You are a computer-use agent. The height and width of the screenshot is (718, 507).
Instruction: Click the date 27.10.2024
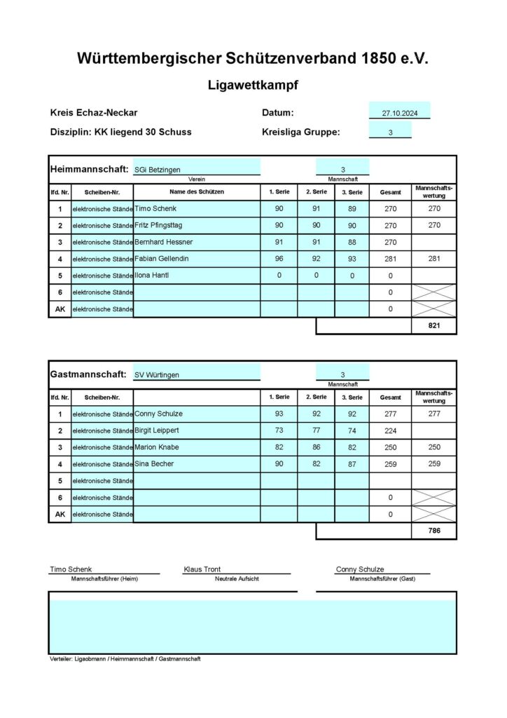click(399, 113)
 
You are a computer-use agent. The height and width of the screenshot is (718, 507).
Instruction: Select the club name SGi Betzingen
click(158, 170)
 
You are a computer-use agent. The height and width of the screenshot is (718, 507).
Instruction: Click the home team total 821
click(434, 327)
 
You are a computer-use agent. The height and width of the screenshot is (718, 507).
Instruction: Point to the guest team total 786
click(434, 531)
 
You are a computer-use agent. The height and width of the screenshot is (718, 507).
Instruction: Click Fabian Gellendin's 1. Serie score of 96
click(279, 259)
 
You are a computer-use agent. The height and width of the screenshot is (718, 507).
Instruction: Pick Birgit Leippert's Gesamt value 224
click(390, 431)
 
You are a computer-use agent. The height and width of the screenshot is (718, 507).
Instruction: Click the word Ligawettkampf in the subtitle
click(253, 86)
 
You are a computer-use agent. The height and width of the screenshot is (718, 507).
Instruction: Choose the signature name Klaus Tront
click(202, 569)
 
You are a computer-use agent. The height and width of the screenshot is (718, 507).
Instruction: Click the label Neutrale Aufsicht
click(237, 578)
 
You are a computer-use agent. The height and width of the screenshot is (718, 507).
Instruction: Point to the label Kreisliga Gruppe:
click(300, 132)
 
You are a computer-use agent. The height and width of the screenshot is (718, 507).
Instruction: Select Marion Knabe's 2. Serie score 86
click(316, 447)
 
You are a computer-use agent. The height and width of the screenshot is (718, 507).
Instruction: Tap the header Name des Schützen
click(196, 192)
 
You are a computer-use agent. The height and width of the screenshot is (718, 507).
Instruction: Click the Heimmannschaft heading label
click(89, 170)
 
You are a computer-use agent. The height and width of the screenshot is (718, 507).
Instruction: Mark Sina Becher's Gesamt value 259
click(390, 464)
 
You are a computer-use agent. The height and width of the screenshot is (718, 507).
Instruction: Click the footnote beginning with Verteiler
click(125, 659)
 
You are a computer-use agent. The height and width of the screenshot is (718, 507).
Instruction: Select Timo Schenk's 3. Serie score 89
click(352, 208)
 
